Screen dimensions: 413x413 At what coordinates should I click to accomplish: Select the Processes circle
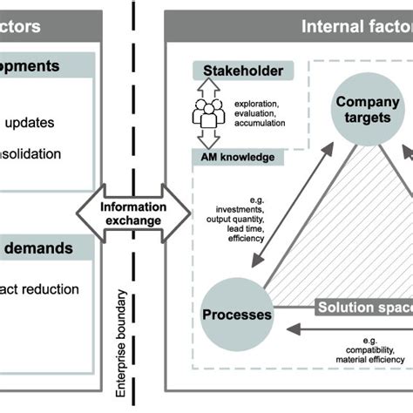point(237,315)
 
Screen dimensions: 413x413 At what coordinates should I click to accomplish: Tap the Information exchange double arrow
point(132,213)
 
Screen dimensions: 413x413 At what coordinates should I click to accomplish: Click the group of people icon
point(208,113)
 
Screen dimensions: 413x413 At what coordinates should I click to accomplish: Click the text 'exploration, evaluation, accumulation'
point(260,114)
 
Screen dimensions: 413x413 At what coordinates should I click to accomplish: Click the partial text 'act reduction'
point(40,289)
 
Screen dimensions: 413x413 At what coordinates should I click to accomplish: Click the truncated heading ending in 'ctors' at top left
point(22,26)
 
